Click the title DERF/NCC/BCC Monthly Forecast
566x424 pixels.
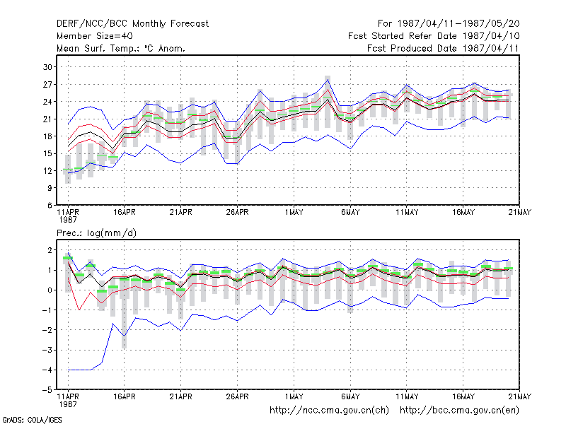132,24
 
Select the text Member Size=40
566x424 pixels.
95,36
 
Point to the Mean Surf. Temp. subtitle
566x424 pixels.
120,48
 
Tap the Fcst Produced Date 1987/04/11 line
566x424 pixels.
443,48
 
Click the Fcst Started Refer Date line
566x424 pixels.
434,36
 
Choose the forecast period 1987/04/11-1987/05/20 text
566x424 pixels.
449,24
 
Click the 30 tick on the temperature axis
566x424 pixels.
47,67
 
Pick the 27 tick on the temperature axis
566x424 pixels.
47,84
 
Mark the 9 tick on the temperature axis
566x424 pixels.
50,188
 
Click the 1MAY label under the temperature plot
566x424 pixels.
294,213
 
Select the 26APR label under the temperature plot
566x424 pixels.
238,213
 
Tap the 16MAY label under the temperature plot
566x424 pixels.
463,213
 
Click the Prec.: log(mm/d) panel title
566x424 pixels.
96,233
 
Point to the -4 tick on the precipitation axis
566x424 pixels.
47,370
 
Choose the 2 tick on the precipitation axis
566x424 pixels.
50,250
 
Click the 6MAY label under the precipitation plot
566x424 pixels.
350,396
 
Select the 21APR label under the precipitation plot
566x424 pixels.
181,396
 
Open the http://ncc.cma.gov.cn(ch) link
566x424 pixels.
329,411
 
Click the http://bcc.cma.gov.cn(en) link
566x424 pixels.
459,411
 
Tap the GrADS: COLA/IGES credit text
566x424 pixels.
32,420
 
